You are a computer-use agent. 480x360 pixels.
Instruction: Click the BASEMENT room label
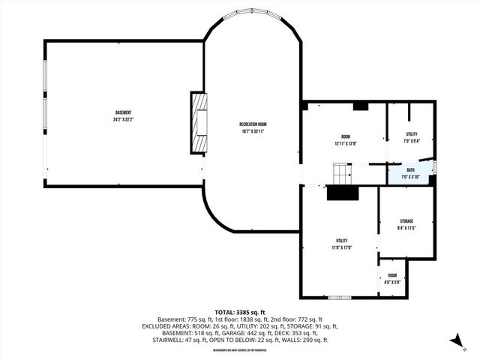pyautogui.click(x=124, y=112)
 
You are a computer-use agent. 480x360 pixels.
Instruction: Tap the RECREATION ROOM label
pyautogui.click(x=253, y=124)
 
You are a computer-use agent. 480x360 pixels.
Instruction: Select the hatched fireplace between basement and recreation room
pyautogui.click(x=198, y=123)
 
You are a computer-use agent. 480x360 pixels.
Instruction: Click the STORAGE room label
pyautogui.click(x=406, y=221)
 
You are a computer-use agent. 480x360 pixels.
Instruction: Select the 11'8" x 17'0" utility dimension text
pyautogui.click(x=343, y=247)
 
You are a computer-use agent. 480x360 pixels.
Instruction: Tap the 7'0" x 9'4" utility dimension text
pyautogui.click(x=411, y=139)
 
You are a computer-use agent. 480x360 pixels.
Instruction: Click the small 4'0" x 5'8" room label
pyautogui.click(x=393, y=282)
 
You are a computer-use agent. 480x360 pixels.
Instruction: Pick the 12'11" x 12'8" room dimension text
pyautogui.click(x=346, y=143)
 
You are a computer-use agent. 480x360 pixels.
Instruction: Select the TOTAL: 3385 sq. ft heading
pyautogui.click(x=240, y=312)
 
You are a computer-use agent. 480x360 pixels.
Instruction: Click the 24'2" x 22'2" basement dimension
pyautogui.click(x=124, y=119)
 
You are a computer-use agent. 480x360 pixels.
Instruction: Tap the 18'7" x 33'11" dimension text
pyautogui.click(x=253, y=130)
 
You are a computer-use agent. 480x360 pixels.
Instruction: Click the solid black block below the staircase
pyautogui.click(x=343, y=193)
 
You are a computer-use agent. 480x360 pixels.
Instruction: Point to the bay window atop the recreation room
pyautogui.click(x=252, y=14)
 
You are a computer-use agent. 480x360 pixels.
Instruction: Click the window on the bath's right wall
pyautogui.click(x=435, y=168)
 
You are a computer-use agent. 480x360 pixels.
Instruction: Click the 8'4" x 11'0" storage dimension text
pyautogui.click(x=406, y=228)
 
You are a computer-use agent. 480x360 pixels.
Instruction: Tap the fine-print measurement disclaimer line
pyautogui.click(x=239, y=350)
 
